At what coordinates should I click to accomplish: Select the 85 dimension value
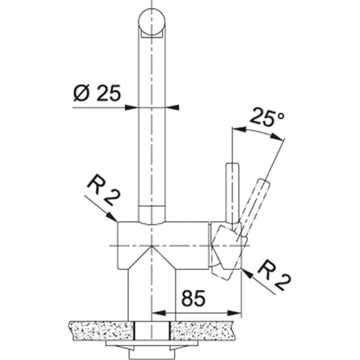[x=192, y=298]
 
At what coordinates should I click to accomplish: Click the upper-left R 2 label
[x=102, y=189]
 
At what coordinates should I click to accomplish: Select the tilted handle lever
[x=254, y=201]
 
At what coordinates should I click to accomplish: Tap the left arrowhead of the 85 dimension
[x=157, y=313]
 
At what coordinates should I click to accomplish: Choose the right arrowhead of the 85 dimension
[x=238, y=313]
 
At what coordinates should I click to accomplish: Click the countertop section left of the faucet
[x=99, y=328]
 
